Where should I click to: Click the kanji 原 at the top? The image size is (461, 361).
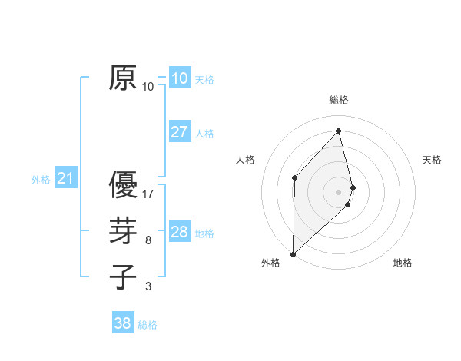pyautogui.click(x=123, y=78)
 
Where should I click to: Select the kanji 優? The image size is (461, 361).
pyautogui.click(x=123, y=185)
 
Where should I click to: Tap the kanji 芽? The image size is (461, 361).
pyautogui.click(x=123, y=231)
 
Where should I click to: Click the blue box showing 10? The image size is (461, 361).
pyautogui.click(x=179, y=78)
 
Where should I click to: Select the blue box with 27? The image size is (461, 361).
pyautogui.click(x=179, y=132)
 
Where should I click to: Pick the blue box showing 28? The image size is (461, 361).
pyautogui.click(x=179, y=232)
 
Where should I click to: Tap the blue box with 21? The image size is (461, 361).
pyautogui.click(x=65, y=179)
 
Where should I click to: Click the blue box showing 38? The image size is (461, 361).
pyautogui.click(x=122, y=323)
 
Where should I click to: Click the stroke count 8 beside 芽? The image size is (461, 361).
pyautogui.click(x=148, y=240)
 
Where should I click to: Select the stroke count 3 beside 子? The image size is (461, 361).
pyautogui.click(x=148, y=286)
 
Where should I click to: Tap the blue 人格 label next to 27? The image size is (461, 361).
pyautogui.click(x=204, y=134)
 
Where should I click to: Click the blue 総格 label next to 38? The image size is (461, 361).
pyautogui.click(x=148, y=325)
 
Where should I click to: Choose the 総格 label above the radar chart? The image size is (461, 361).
pyautogui.click(x=339, y=100)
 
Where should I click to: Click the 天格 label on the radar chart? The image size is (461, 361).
pyautogui.click(x=433, y=160)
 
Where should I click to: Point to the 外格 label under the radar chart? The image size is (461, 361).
pyautogui.click(x=270, y=263)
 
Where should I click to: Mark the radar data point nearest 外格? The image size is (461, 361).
pyautogui.click(x=293, y=253)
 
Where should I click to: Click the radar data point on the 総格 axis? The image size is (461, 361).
pyautogui.click(x=339, y=131)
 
